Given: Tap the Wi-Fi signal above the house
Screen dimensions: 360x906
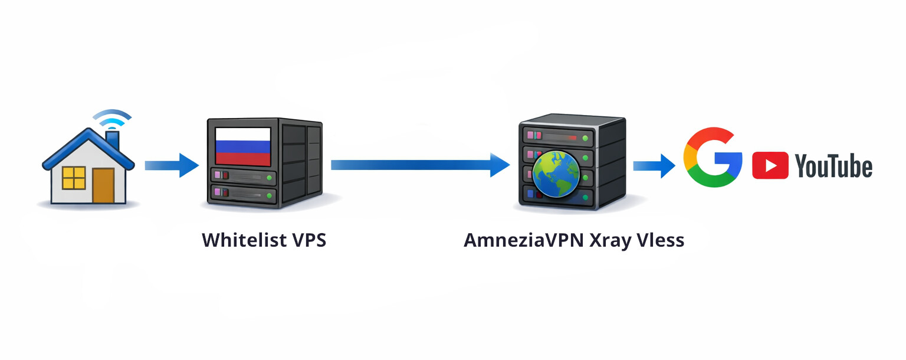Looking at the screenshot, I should coord(112,117).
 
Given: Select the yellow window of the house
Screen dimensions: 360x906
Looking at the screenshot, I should coord(74,178).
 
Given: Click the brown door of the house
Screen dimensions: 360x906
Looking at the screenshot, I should coord(103,185).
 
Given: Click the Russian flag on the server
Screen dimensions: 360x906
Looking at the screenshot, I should coord(242,146).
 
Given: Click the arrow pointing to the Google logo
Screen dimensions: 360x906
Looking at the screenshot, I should coord(654,165).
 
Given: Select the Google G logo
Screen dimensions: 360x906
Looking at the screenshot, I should coord(713,157).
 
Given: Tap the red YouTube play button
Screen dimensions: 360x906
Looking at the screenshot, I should coord(770,165).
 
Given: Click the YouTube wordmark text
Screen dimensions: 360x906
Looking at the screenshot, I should coord(833,166).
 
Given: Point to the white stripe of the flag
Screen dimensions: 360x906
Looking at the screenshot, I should coord(242,134).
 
